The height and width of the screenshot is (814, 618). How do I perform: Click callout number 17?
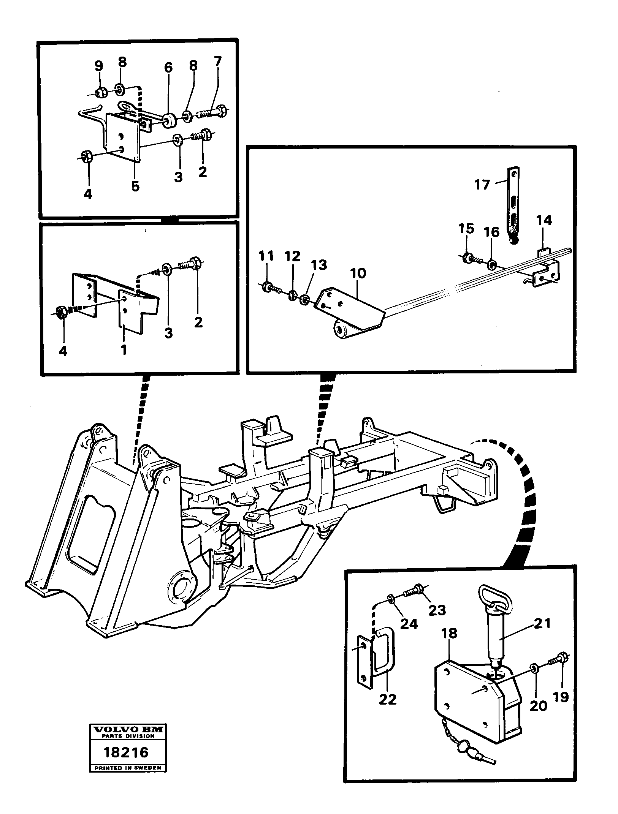pos(483,185)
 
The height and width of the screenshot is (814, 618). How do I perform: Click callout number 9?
pos(98,66)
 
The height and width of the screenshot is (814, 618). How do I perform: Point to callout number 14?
pos(544,220)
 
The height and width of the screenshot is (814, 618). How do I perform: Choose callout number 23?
pos(437,610)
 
